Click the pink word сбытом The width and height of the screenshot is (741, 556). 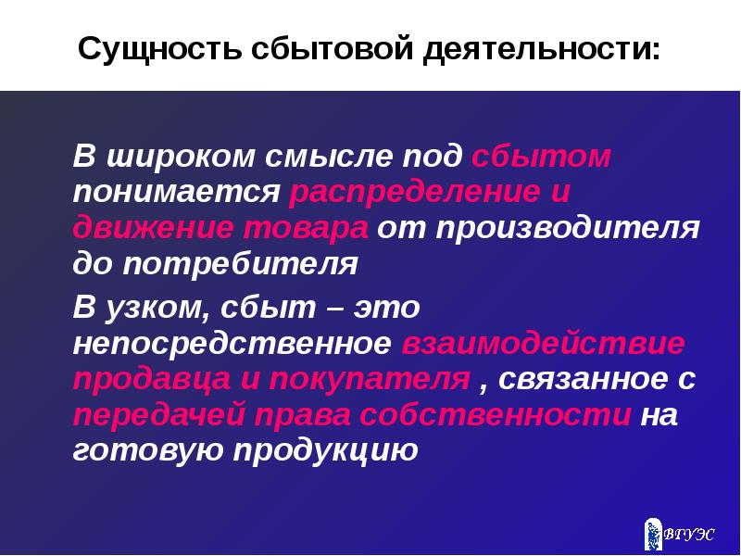pos(541,157)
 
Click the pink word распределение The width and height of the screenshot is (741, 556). pos(414,193)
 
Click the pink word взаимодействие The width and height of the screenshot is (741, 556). pos(544,343)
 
